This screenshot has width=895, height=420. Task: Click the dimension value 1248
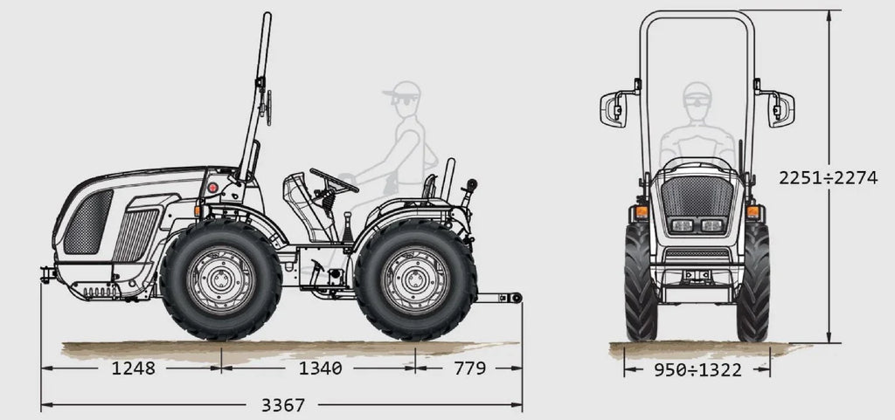[133, 368]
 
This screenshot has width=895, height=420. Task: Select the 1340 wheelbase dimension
[319, 368]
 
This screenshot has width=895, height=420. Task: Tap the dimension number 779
[469, 368]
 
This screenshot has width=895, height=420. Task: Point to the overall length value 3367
[282, 405]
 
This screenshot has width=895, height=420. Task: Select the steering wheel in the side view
[335, 179]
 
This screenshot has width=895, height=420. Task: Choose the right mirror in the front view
[781, 108]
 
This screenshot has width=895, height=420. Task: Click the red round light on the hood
[212, 187]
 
